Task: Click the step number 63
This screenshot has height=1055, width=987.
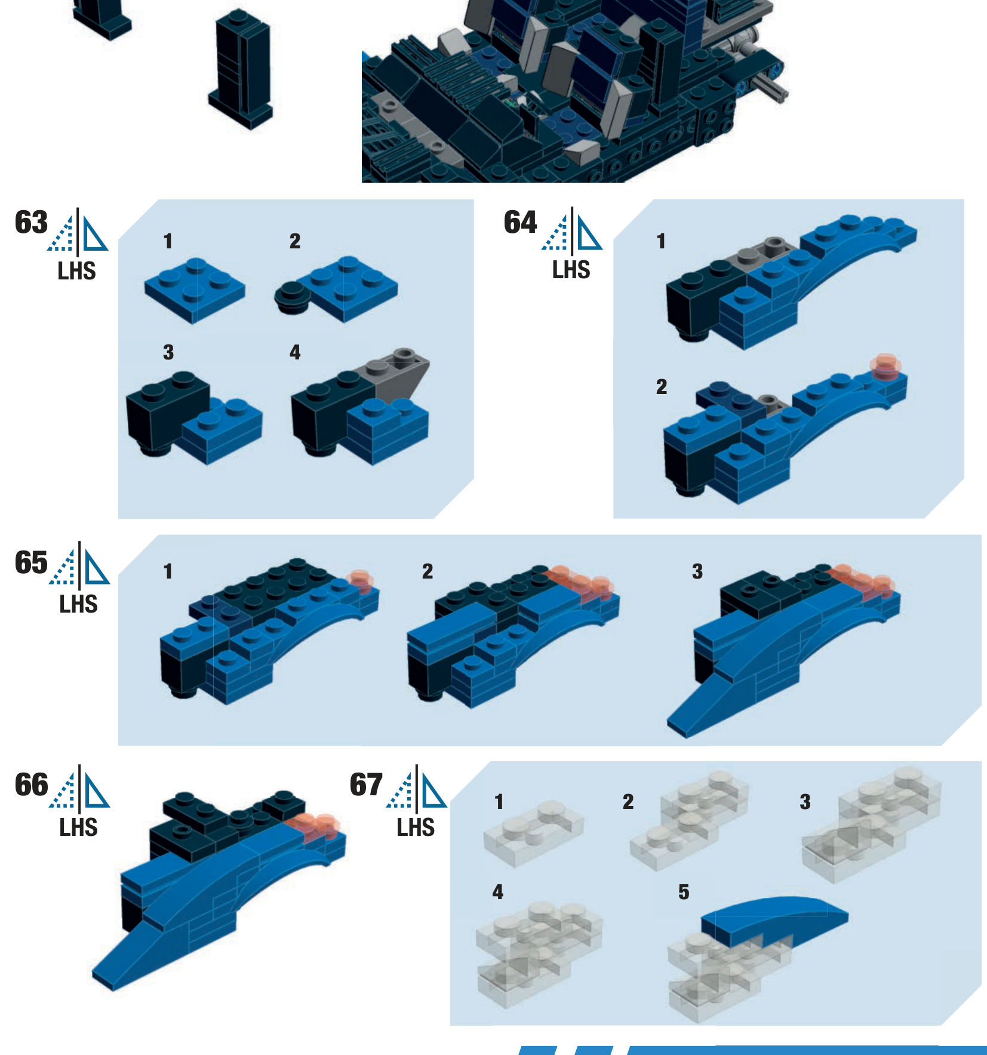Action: click(x=31, y=222)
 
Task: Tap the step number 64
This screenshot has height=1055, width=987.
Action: click(x=520, y=222)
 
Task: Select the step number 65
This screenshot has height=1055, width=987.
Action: click(x=31, y=562)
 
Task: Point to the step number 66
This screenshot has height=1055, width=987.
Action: click(x=31, y=785)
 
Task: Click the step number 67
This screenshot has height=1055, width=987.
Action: click(x=366, y=785)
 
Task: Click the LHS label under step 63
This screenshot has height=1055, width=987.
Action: click(x=76, y=271)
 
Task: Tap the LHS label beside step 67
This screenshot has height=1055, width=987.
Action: click(x=416, y=828)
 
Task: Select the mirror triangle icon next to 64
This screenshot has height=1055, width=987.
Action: click(x=572, y=230)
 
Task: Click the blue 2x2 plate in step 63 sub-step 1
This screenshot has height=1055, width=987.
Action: click(x=195, y=290)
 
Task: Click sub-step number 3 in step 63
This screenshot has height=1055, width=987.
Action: click(x=168, y=352)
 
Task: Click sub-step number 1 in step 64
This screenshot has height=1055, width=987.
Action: click(x=660, y=241)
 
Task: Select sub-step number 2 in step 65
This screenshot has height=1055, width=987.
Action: click(x=428, y=571)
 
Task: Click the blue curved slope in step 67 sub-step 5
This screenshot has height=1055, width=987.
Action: click(x=774, y=921)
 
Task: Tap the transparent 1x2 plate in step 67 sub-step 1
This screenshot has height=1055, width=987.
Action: click(x=533, y=833)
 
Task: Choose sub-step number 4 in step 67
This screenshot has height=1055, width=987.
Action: click(x=498, y=892)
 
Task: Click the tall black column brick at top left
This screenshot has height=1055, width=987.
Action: click(x=241, y=69)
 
